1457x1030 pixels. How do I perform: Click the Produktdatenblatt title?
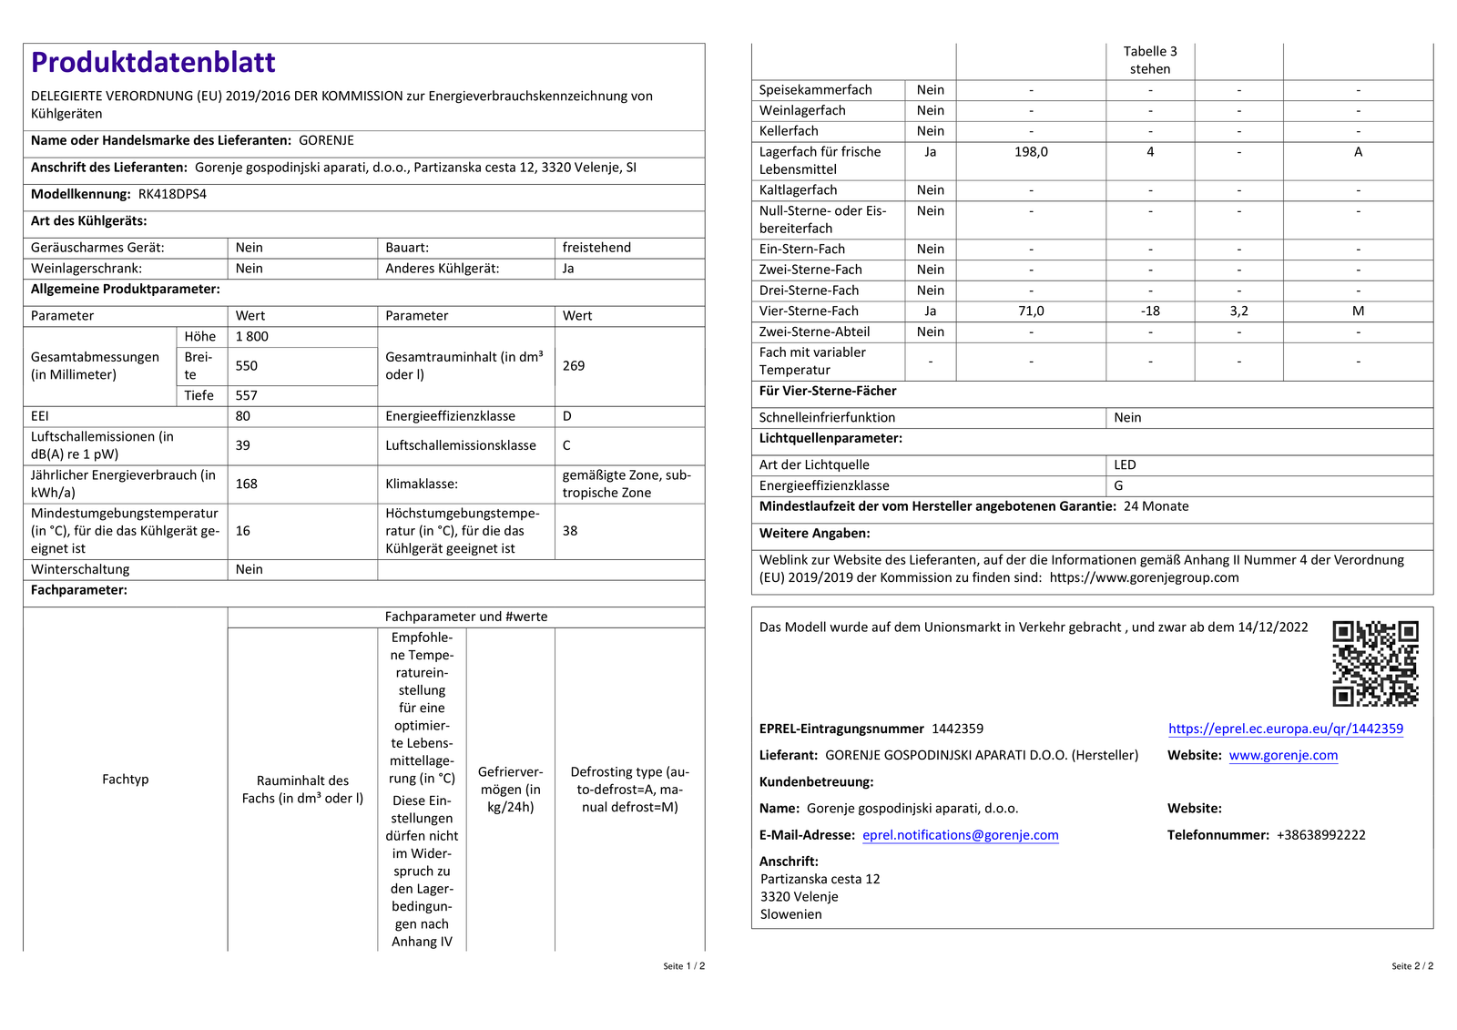point(153,62)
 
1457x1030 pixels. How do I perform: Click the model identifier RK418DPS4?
point(172,194)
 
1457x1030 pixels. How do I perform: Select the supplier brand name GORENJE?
point(326,140)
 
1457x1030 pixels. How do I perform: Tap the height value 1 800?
point(252,336)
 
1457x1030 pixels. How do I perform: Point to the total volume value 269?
point(574,365)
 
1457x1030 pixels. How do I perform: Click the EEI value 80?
point(243,416)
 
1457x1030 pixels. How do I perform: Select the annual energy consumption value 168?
point(247,484)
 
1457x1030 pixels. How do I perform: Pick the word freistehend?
point(596,248)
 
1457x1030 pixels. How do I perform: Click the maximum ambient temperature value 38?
point(570,531)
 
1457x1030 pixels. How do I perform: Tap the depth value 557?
point(247,395)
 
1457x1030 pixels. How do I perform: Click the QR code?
point(1375,664)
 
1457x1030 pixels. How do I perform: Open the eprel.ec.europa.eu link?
point(1285,729)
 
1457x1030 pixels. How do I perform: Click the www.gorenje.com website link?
point(1283,755)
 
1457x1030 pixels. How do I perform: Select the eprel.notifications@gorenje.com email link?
point(961,835)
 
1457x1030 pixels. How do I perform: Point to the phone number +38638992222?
point(1321,835)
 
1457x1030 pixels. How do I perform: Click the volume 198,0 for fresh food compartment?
point(1031,152)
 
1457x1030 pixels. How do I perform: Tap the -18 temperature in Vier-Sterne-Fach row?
point(1150,311)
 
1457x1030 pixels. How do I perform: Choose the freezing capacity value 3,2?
point(1238,311)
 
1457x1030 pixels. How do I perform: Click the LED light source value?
point(1125,465)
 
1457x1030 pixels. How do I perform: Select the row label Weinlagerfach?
point(802,110)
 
